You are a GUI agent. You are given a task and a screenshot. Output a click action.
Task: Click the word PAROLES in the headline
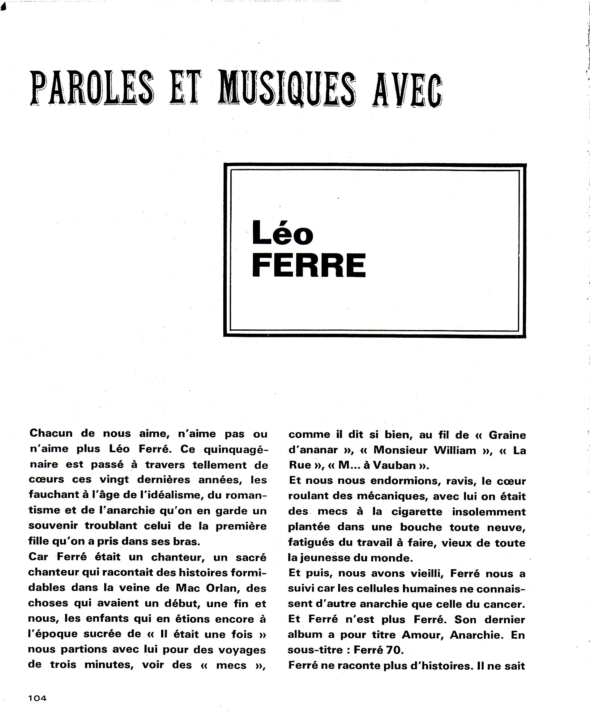point(92,88)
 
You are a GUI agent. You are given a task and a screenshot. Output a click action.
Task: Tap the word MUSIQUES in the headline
point(288,89)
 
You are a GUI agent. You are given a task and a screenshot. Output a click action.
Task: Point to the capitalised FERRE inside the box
point(309,265)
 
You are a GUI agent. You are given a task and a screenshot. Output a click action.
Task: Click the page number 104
point(37,698)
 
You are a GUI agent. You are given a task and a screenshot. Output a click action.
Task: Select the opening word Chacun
point(51,433)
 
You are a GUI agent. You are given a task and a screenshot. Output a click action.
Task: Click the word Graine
point(507,435)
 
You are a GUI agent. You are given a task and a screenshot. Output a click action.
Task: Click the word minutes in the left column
point(109,664)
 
